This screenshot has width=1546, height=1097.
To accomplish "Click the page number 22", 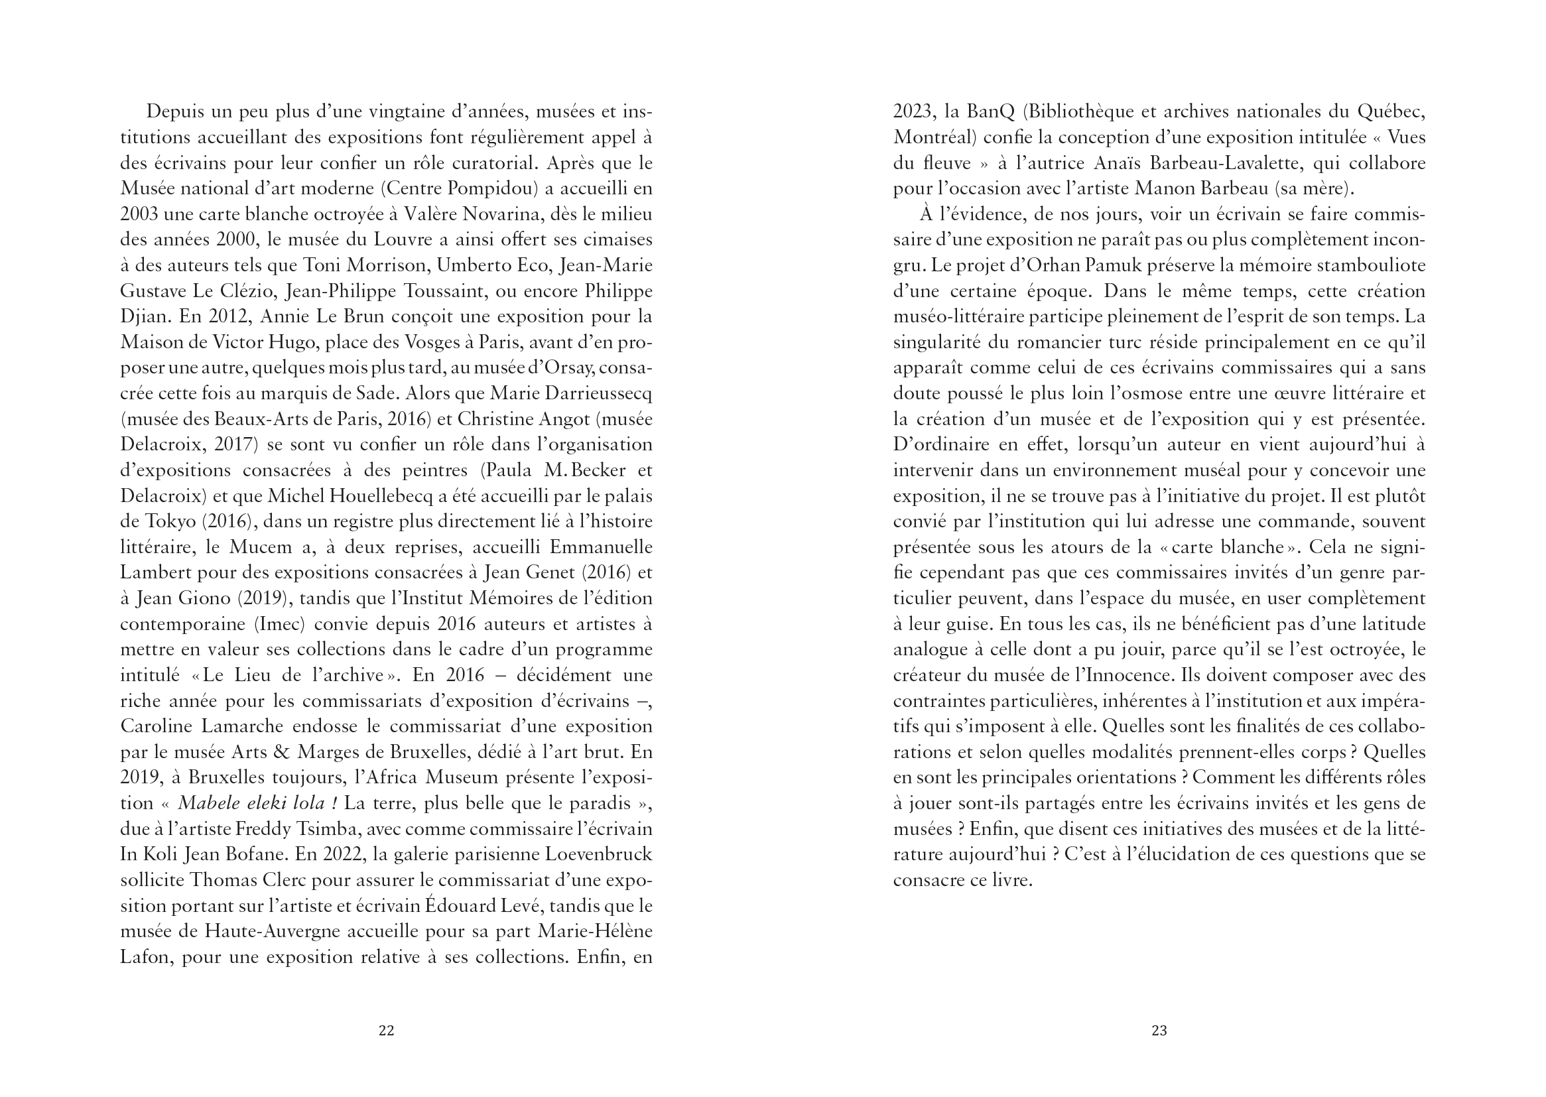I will [386, 1030].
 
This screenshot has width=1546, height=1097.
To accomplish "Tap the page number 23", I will [1159, 1030].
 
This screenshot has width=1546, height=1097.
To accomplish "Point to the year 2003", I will [139, 214].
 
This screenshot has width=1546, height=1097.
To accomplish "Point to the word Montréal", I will [934, 137].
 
